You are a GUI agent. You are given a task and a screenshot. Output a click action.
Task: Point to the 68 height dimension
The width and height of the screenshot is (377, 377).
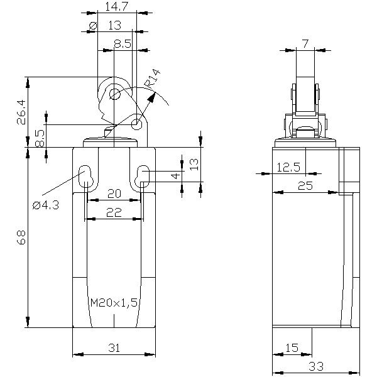click(x=21, y=238)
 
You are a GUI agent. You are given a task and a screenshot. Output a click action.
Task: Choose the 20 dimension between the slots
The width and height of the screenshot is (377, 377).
click(x=113, y=194)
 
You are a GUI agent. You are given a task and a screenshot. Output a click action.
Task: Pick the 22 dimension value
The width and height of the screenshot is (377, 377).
click(x=113, y=213)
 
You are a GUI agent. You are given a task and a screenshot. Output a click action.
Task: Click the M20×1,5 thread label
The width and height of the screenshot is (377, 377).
click(x=114, y=303)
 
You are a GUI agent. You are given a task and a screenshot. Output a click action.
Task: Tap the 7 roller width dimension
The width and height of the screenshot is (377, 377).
click(x=305, y=43)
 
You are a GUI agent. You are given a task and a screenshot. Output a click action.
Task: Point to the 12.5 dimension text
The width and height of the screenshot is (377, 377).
click(x=288, y=167)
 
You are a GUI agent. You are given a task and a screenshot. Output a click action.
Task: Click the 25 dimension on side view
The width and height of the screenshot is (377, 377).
click(x=305, y=185)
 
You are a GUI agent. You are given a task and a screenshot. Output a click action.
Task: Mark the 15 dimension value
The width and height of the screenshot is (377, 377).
click(x=291, y=347)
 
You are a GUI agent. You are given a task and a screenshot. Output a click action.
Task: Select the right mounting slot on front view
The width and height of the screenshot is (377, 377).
click(x=143, y=177)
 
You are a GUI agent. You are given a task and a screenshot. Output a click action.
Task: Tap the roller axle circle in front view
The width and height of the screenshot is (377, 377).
click(x=115, y=94)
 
